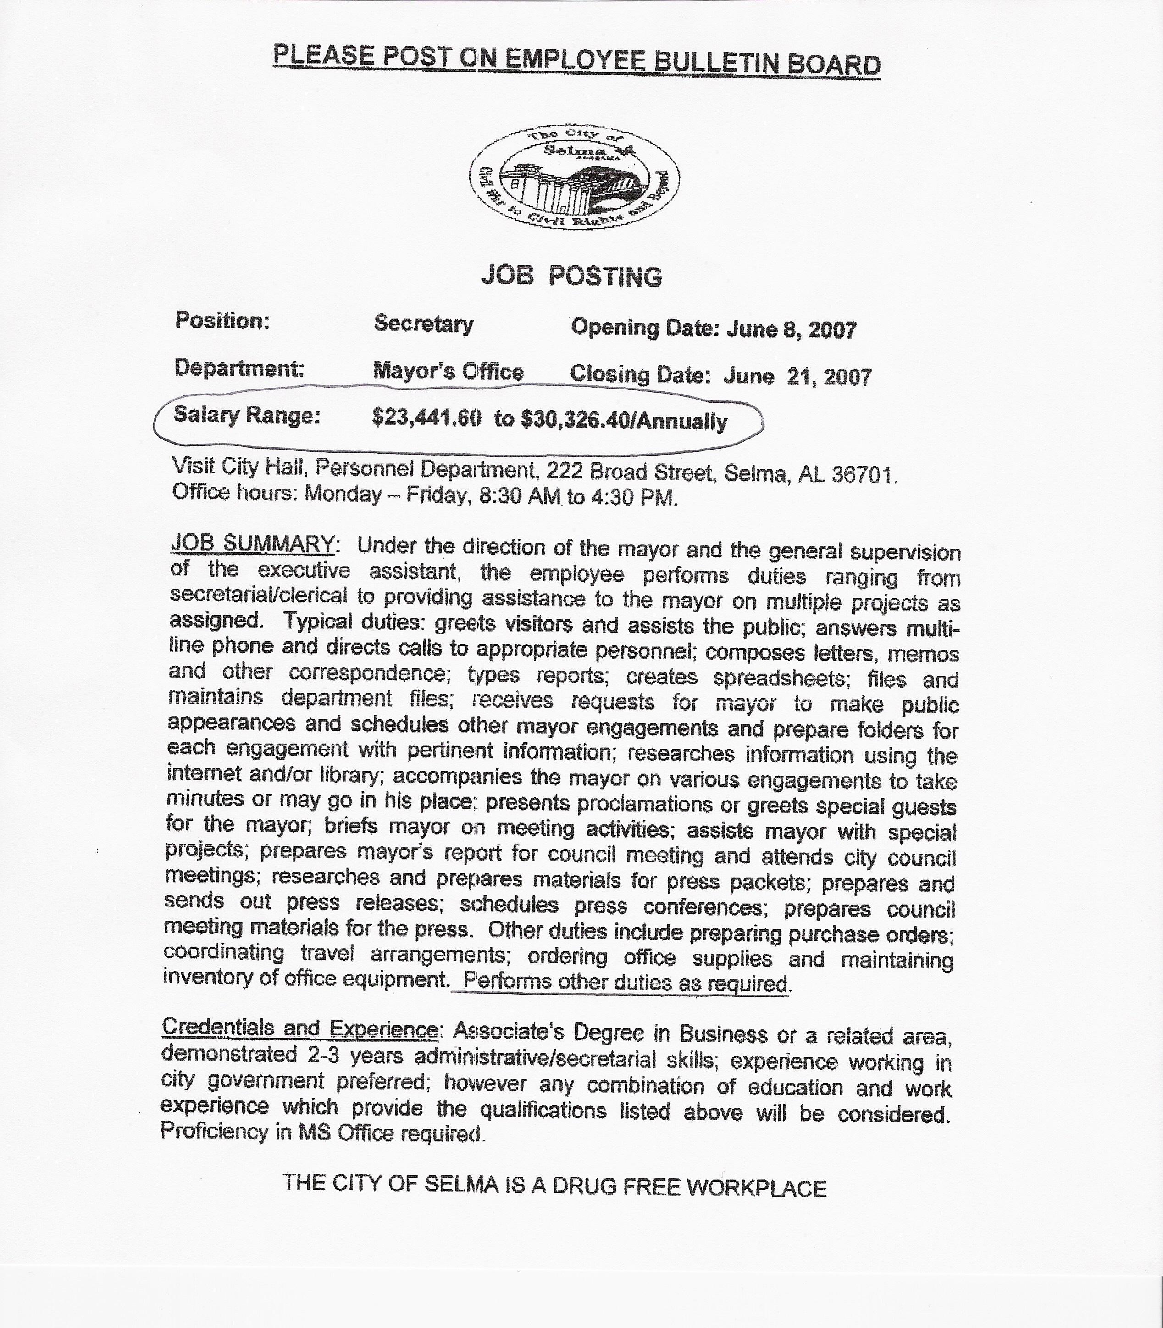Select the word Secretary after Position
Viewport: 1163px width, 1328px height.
424,323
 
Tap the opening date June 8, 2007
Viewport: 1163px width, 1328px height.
791,330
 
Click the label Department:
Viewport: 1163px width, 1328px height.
239,368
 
